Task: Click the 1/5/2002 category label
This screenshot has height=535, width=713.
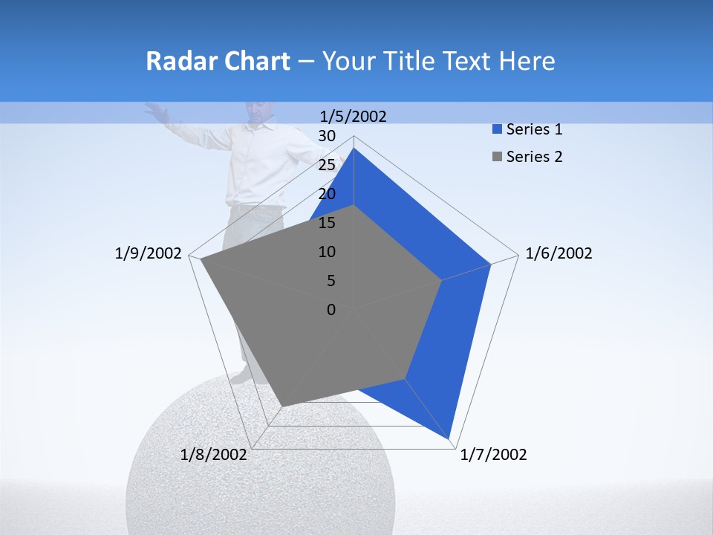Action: pyautogui.click(x=354, y=116)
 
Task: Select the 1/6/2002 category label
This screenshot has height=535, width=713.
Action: pyautogui.click(x=559, y=253)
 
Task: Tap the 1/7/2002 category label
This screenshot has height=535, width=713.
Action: pyautogui.click(x=493, y=455)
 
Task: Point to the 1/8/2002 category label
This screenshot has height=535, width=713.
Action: pyautogui.click(x=214, y=455)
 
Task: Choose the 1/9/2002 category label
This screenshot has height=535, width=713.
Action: pyautogui.click(x=149, y=253)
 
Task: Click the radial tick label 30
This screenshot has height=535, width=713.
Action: pyautogui.click(x=327, y=136)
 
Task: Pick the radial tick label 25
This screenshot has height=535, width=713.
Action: pyautogui.click(x=327, y=165)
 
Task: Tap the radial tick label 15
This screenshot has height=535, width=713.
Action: pyautogui.click(x=327, y=223)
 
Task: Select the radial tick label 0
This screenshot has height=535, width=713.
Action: pyautogui.click(x=331, y=310)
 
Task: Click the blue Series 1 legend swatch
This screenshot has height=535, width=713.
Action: pyautogui.click(x=497, y=130)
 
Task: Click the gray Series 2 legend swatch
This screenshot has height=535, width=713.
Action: pyautogui.click(x=497, y=157)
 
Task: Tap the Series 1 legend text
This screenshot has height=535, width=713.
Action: pyautogui.click(x=534, y=129)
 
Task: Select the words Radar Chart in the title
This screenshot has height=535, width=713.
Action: pyautogui.click(x=218, y=61)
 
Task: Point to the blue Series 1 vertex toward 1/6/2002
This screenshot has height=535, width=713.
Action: pyautogui.click(x=490, y=264)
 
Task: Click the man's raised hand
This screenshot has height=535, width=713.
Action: pyautogui.click(x=153, y=109)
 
